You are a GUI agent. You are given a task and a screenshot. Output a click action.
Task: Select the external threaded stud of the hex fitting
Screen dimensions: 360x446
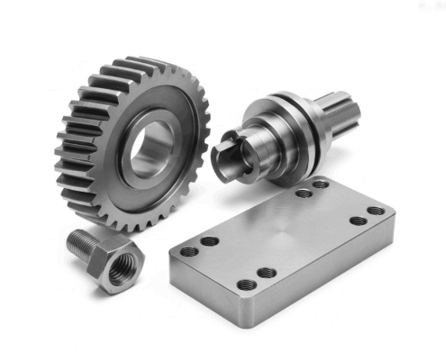(x=84, y=240)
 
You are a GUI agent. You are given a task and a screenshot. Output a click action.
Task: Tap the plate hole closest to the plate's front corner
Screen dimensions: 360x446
(x=246, y=285)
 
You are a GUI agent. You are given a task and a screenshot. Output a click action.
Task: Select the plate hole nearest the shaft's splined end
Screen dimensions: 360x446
(x=322, y=184)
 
